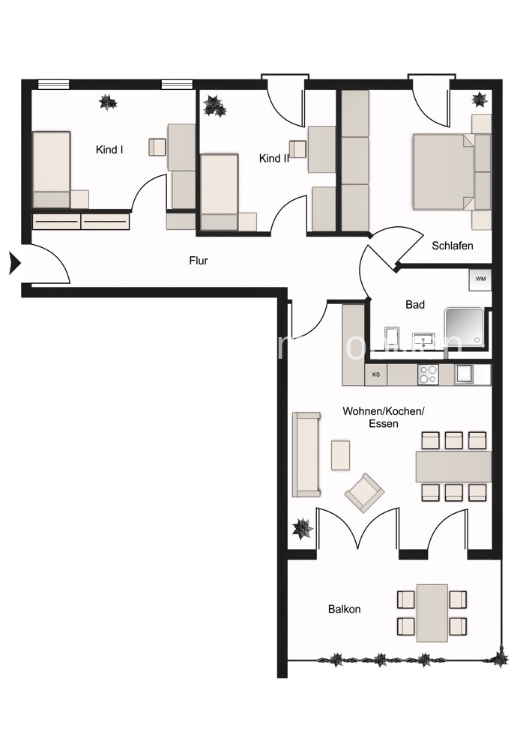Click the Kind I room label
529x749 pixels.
(x=109, y=150)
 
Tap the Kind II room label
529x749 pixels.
(x=274, y=159)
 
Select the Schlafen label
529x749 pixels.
(x=453, y=246)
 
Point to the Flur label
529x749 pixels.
(x=198, y=261)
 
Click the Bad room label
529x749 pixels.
(x=415, y=305)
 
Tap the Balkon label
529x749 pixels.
(x=344, y=609)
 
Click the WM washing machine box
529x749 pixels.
(x=480, y=280)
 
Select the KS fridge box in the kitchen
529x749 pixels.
(x=376, y=374)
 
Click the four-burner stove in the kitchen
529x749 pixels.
(x=428, y=374)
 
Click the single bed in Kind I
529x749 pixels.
(x=52, y=169)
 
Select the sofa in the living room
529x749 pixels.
(x=306, y=454)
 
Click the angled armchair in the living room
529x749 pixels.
(x=364, y=493)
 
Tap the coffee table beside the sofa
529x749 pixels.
(x=341, y=454)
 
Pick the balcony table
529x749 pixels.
(x=432, y=613)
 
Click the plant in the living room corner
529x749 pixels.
(x=303, y=529)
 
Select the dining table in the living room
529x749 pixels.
(x=454, y=466)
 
